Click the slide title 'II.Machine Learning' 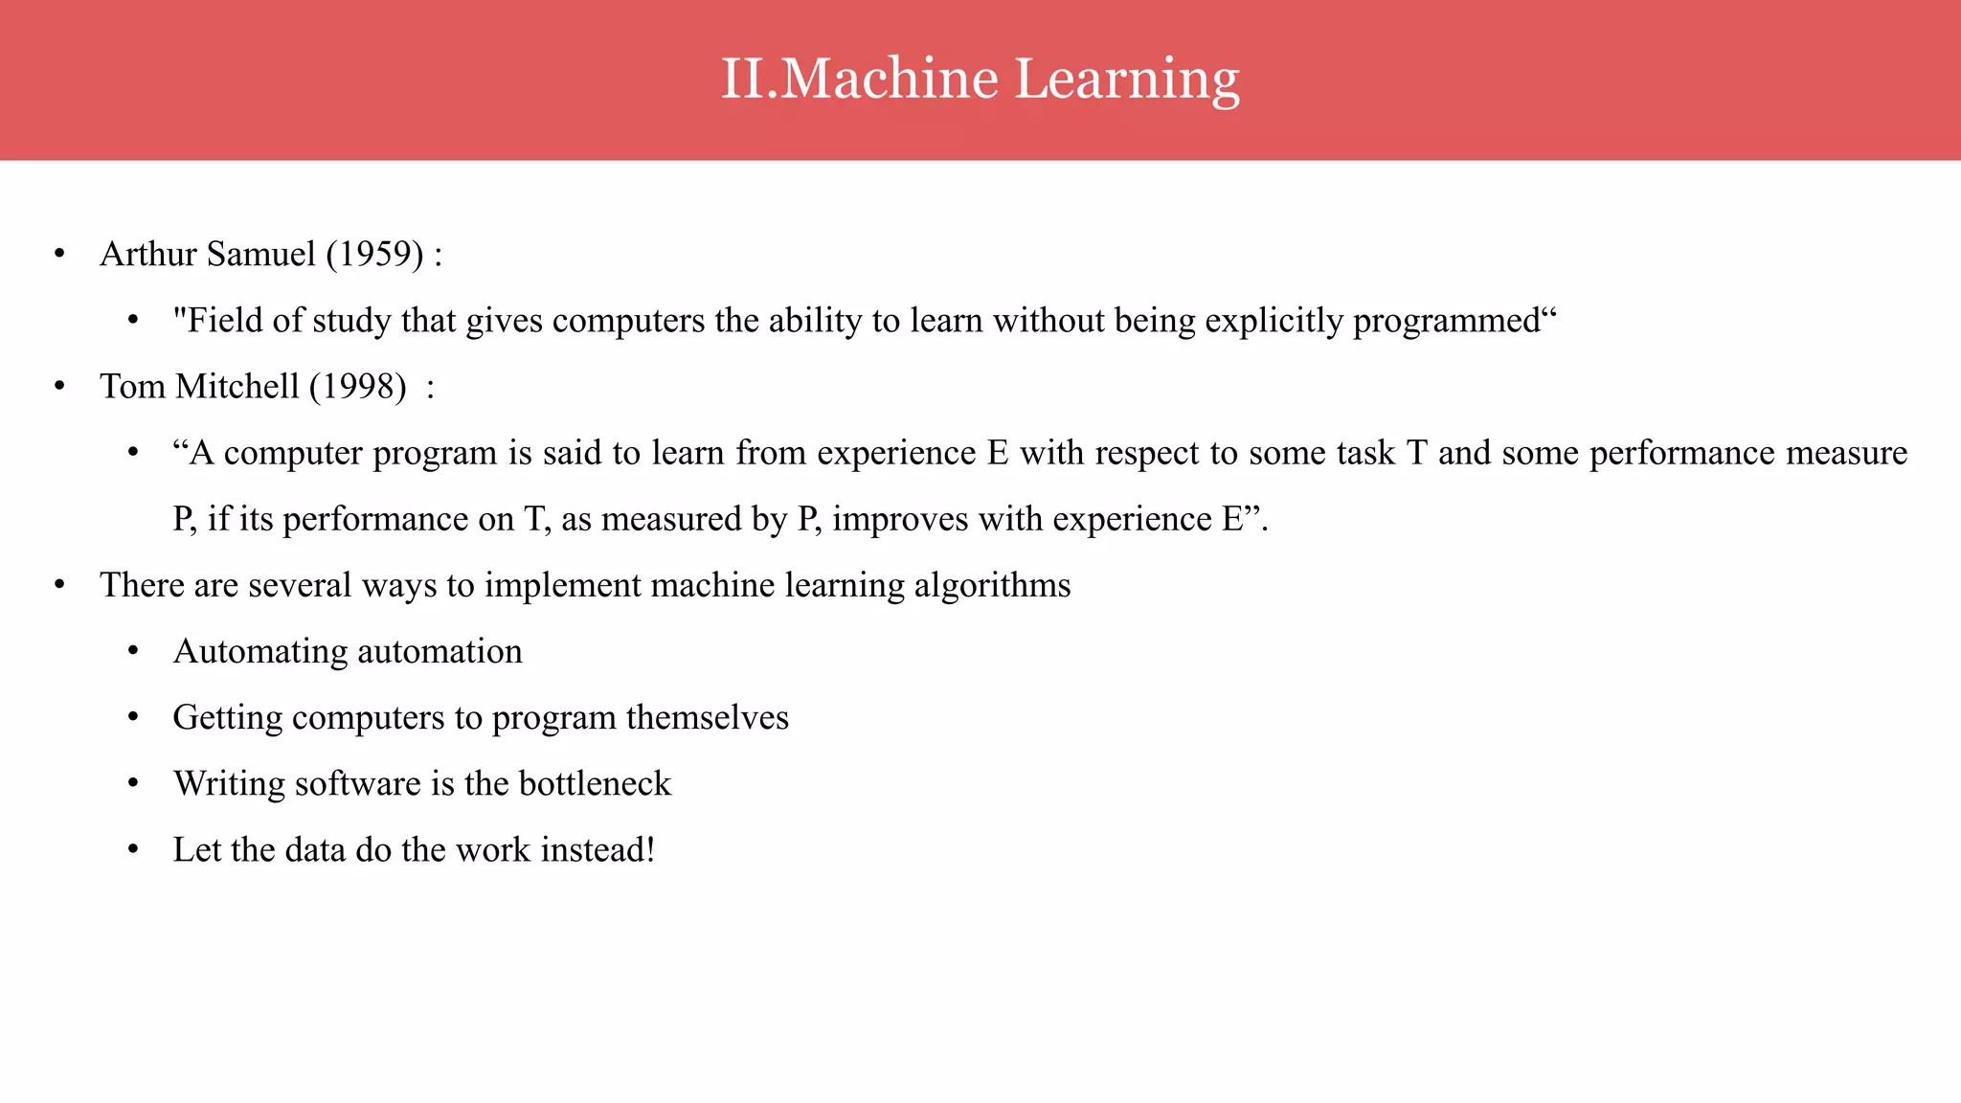click(980, 79)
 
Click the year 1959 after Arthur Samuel click(374, 255)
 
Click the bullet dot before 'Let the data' click(133, 850)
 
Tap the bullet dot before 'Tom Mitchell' click(59, 387)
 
